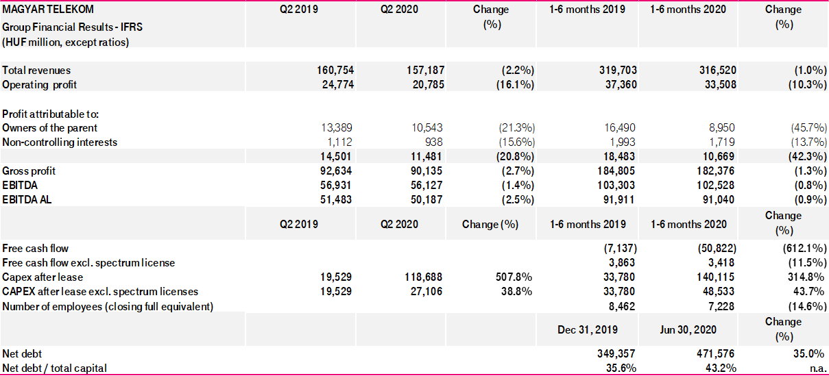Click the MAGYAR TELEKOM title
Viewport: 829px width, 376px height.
pyautogui.click(x=48, y=10)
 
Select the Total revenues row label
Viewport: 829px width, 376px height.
pyautogui.click(x=36, y=70)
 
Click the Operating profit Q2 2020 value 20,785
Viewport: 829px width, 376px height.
pyautogui.click(x=424, y=84)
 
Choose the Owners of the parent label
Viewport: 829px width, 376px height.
pyautogui.click(x=50, y=127)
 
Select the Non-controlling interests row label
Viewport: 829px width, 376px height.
pyautogui.click(x=60, y=142)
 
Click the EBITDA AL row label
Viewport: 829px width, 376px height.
pyautogui.click(x=27, y=199)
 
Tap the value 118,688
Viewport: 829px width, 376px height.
pyautogui.click(x=421, y=277)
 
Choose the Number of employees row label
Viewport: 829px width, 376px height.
pyautogui.click(x=108, y=306)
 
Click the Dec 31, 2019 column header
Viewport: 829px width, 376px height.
pyautogui.click(x=588, y=329)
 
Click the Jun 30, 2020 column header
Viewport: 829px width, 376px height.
pyautogui.click(x=688, y=329)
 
